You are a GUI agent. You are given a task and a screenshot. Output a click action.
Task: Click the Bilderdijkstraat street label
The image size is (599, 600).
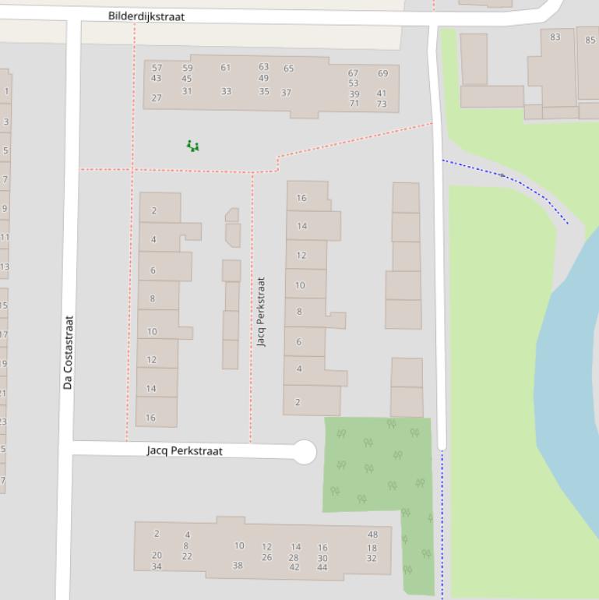146,16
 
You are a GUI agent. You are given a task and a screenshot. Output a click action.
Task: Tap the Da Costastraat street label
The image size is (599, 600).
69,352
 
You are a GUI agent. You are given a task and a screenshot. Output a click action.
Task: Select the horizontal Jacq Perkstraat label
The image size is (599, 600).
185,451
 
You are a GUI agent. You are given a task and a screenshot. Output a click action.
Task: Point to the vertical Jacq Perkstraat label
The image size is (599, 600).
262,312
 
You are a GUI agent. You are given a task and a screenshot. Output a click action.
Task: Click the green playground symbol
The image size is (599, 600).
192,146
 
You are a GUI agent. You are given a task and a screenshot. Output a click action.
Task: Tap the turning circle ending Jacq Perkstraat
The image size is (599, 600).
305,452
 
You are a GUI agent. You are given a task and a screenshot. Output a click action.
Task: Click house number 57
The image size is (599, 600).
157,68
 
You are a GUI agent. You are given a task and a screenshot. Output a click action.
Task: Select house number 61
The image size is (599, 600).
226,68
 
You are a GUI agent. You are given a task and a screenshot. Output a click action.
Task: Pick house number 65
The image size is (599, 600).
289,69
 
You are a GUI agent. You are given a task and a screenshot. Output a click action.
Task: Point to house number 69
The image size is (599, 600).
382,74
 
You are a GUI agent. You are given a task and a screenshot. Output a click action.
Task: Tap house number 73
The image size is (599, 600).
382,104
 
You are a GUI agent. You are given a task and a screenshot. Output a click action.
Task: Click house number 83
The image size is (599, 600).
555,37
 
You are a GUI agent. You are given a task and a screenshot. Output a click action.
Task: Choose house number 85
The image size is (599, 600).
590,41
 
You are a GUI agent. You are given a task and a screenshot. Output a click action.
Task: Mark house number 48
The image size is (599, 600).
372,535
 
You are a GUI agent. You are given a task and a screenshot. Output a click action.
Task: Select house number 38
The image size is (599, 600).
238,566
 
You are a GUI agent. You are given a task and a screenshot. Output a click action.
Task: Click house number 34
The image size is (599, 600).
157,566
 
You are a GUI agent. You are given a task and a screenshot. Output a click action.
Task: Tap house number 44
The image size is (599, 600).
322,567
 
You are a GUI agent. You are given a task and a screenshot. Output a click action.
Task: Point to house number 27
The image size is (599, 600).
157,98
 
